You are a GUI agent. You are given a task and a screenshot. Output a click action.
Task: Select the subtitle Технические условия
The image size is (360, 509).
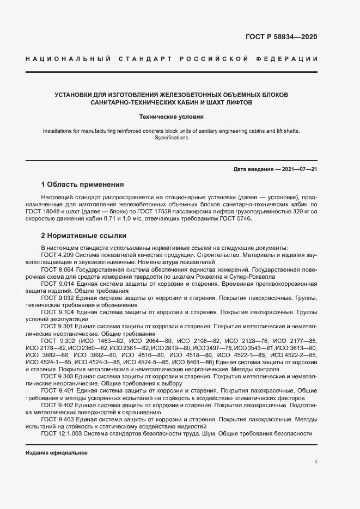(x=171, y=116)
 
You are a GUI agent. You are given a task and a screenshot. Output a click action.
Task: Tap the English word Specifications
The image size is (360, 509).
(x=171, y=138)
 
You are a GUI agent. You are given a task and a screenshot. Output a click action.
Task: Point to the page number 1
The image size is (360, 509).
(x=316, y=462)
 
